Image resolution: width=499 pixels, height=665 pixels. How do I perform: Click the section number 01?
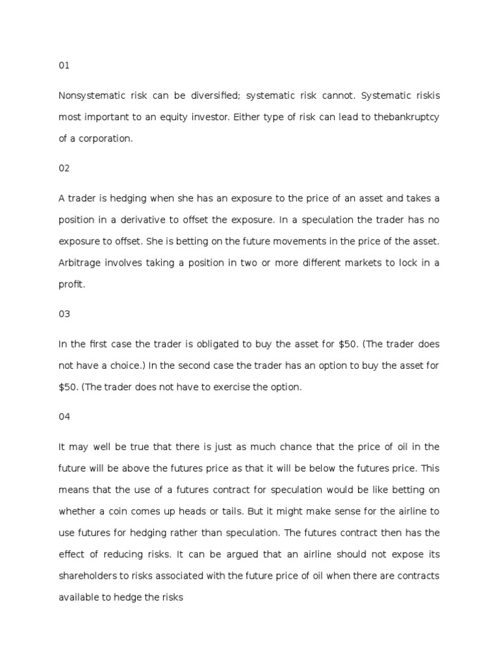(x=64, y=66)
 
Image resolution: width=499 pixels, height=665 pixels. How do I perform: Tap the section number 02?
(x=64, y=168)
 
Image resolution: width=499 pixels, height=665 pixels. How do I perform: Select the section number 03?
(x=64, y=314)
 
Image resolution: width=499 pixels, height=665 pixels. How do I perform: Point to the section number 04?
(x=64, y=417)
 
